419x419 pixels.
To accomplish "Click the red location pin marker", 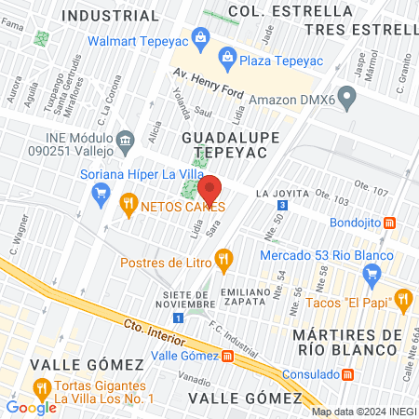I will [209, 189].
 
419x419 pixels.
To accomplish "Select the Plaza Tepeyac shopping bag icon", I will [227, 59].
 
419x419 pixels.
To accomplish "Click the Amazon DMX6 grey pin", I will [346, 95].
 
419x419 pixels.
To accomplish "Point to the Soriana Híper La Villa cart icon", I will [101, 192].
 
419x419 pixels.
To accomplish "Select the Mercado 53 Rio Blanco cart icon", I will [372, 272].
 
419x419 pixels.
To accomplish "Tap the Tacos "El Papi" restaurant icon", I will [403, 298].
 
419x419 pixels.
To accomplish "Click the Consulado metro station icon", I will [346, 373].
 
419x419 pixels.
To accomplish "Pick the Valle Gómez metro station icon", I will [228, 356].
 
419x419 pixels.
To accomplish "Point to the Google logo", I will [31, 407].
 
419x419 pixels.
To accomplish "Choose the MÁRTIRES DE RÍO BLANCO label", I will [345, 341].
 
